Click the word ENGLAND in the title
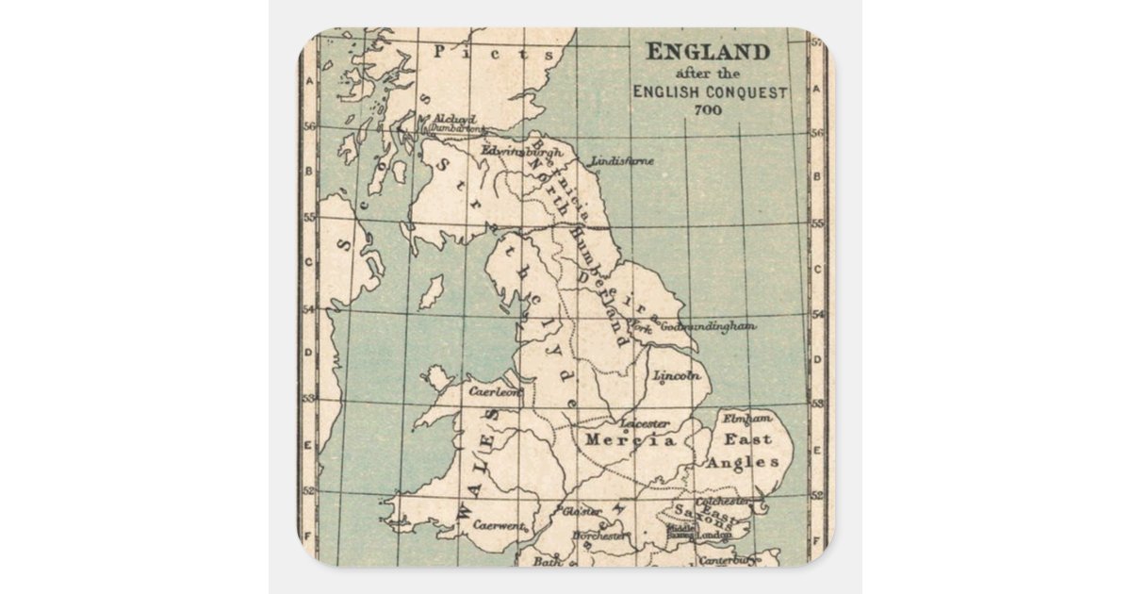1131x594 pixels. click(708, 52)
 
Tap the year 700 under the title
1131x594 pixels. click(708, 109)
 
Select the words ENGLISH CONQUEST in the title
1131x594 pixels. click(710, 91)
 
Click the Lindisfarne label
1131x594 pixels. click(622, 161)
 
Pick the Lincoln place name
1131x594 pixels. click(678, 376)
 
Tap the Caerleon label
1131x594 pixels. click(493, 389)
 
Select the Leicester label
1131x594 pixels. click(646, 424)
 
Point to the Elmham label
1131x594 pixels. click(746, 418)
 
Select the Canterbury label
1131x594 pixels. click(732, 560)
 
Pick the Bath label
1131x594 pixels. click(547, 562)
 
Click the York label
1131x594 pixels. click(642, 328)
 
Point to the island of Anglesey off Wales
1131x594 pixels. click(437, 379)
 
